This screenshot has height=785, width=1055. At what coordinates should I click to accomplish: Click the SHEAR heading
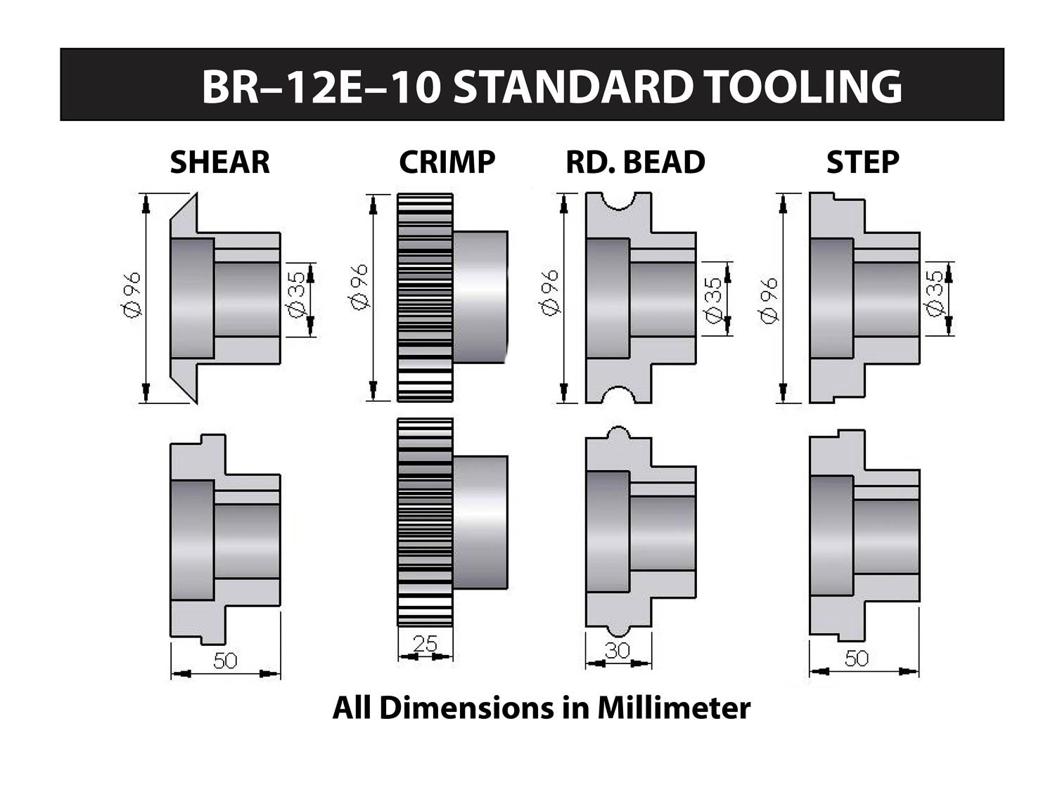coord(219,162)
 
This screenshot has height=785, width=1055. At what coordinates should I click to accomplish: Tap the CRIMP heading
coord(447,162)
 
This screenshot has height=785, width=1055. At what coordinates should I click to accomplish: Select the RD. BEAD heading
coord(635,162)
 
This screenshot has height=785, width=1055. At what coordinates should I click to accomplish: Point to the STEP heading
coord(862,162)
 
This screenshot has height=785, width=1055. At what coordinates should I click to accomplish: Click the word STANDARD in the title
coord(571,86)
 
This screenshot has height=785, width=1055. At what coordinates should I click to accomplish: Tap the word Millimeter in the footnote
coord(674,708)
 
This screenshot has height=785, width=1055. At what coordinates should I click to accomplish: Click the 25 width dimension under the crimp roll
coord(425,643)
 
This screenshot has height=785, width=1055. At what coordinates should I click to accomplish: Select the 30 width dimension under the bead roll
coord(618,650)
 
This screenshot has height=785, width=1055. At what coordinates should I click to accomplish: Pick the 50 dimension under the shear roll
coord(225,661)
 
